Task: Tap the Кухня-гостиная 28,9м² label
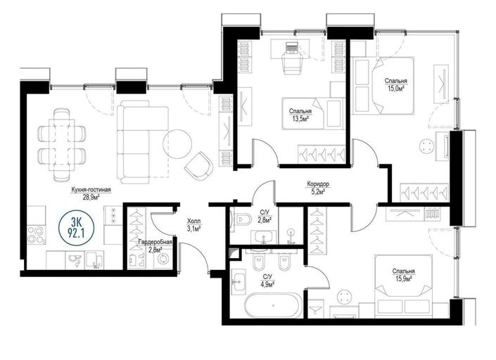pyautogui.click(x=91, y=193)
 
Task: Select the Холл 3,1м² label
pyautogui.click(x=194, y=226)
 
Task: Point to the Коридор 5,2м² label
pyautogui.click(x=318, y=187)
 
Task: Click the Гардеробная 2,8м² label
pyautogui.click(x=155, y=245)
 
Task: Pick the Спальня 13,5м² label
pyautogui.click(x=300, y=115)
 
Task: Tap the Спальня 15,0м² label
pyautogui.click(x=395, y=84)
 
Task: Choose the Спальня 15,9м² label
pyautogui.click(x=403, y=275)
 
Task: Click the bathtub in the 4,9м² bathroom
pyautogui.click(x=272, y=306)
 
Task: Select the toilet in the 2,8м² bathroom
pyautogui.click(x=241, y=219)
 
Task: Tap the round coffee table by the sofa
pyautogui.click(x=177, y=144)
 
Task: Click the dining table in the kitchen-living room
pyautogui.click(x=62, y=145)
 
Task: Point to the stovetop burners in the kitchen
pyautogui.click(x=36, y=235)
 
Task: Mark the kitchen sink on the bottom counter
pyautogui.click(x=75, y=260)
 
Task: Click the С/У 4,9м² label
pyautogui.click(x=267, y=281)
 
